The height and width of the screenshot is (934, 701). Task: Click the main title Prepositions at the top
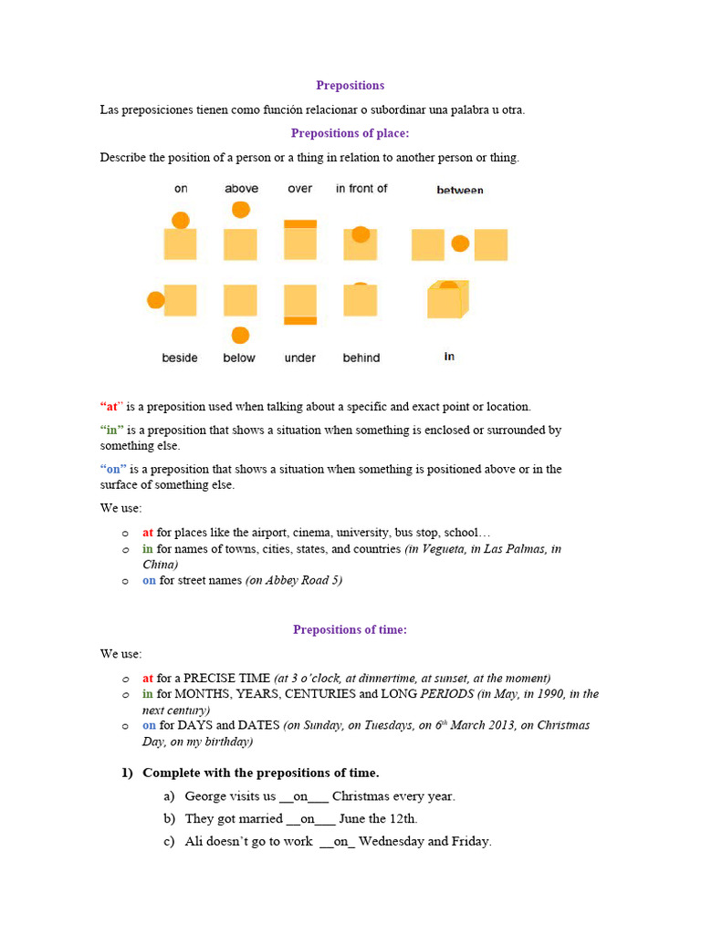coord(350,86)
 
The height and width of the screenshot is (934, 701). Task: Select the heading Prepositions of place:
coord(350,133)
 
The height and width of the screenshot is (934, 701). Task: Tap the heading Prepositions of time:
coord(350,629)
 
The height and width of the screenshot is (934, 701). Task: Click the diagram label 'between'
coord(460,190)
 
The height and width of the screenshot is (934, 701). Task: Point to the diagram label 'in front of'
coord(361,189)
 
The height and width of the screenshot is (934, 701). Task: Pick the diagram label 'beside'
coord(180,358)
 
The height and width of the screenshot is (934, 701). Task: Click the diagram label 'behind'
coord(361,358)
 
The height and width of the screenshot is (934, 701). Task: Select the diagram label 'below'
coord(239,358)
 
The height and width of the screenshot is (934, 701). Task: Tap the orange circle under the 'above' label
coord(241,210)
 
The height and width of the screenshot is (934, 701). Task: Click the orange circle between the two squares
coord(460,244)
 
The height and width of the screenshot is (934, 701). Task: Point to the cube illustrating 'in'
coord(447,299)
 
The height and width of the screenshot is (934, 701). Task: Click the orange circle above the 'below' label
coord(240,335)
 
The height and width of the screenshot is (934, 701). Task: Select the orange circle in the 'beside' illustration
coord(156,300)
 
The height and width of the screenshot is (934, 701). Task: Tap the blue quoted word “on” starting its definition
coord(113,469)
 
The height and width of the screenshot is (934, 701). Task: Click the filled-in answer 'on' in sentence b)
coord(307,819)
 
